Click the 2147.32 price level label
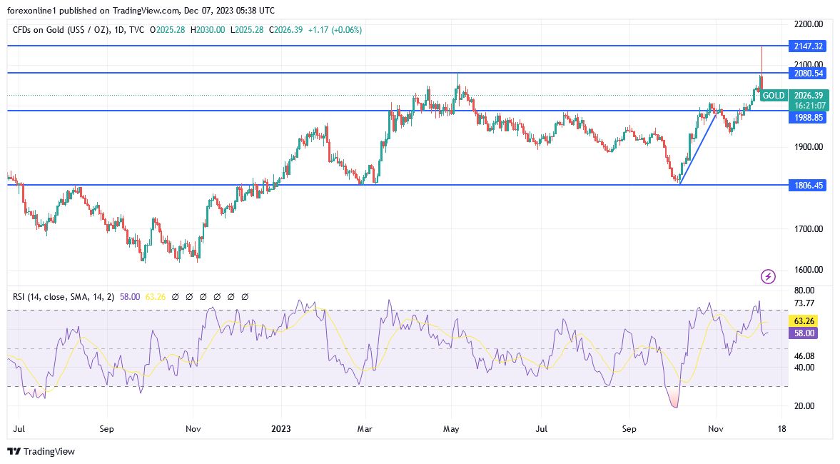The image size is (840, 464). click(x=808, y=46)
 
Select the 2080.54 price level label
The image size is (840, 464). click(x=808, y=73)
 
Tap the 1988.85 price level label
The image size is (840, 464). click(x=808, y=118)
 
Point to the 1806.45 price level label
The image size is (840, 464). click(x=808, y=185)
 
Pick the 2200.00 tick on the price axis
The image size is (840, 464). click(x=809, y=24)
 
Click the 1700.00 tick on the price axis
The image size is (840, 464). click(x=809, y=229)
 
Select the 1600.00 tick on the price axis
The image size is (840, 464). click(x=809, y=270)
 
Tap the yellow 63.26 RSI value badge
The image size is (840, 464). click(x=808, y=321)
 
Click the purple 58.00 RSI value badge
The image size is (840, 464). click(x=808, y=333)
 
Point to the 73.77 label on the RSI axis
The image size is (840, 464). click(x=804, y=303)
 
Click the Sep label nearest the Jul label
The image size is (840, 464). click(x=106, y=429)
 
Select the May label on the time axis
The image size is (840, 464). click(x=450, y=429)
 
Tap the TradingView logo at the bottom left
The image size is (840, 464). click(x=41, y=451)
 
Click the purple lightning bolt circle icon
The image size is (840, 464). click(x=768, y=276)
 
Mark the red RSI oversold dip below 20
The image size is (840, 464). click(x=674, y=402)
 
